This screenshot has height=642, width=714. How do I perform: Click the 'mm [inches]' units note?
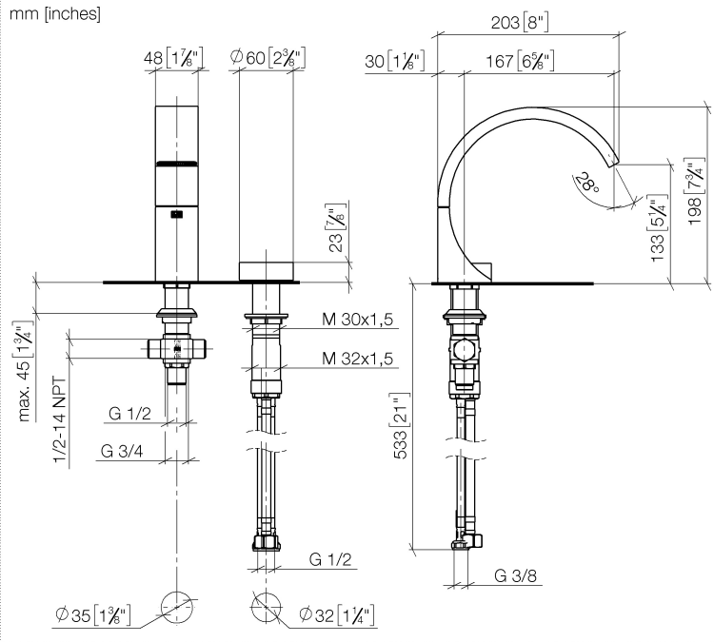54,13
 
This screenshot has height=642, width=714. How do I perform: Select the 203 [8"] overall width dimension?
520,22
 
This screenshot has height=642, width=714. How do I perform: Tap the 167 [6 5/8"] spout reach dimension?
520,61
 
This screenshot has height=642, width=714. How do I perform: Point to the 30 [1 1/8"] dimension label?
395,61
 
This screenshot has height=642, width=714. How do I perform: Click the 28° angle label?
587,182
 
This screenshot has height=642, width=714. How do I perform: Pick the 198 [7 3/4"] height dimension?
695,190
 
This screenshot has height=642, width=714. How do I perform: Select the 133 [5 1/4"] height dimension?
658,227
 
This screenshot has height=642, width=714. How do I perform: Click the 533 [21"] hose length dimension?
401,425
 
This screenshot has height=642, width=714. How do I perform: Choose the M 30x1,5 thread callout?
357,320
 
